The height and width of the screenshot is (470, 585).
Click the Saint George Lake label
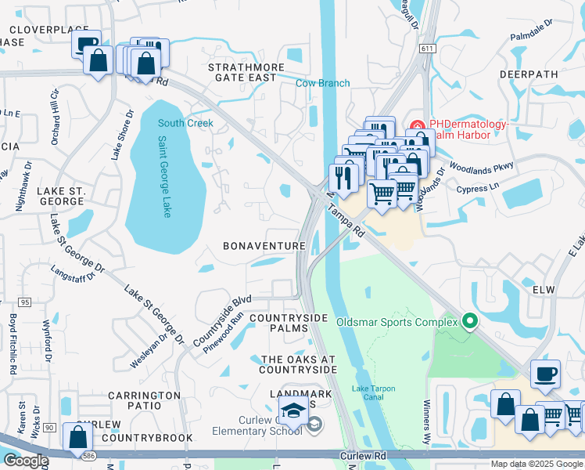click(164, 177)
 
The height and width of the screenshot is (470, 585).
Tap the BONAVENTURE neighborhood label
click(264, 246)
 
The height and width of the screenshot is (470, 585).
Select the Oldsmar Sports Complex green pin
click(469, 321)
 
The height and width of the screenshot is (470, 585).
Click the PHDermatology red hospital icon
click(418, 125)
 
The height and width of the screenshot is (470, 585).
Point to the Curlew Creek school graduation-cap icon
click(292, 410)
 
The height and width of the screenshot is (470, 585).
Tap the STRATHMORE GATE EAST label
click(242, 72)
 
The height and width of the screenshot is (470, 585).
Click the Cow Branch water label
click(322, 84)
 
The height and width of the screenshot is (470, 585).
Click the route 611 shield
click(426, 49)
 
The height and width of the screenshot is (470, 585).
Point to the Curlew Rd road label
click(364, 455)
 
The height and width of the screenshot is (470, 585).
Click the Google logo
click(25, 461)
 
